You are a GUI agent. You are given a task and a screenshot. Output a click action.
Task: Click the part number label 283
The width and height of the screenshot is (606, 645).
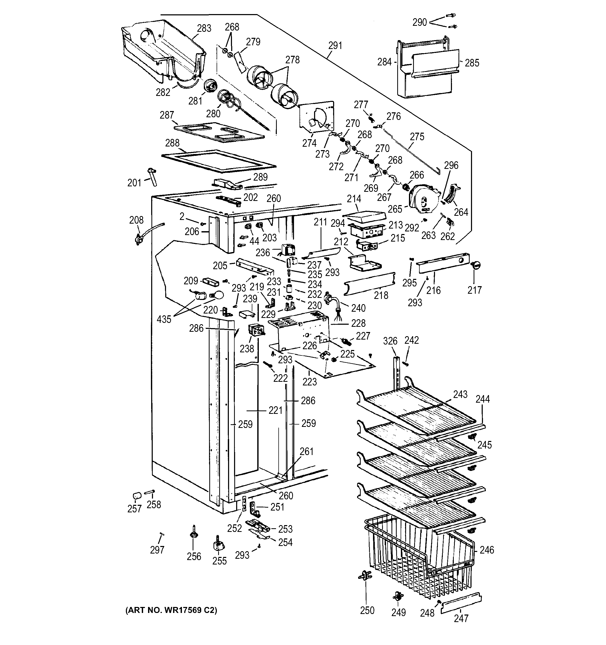click(204, 29)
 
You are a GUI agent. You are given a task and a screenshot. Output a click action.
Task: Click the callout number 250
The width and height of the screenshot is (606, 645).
click(367, 610)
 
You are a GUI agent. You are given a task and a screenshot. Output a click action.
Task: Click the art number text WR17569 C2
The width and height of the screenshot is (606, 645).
click(171, 610)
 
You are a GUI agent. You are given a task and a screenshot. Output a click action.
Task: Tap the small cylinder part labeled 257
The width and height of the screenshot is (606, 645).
click(137, 496)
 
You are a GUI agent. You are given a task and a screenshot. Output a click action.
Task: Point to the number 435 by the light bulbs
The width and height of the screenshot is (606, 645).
click(164, 319)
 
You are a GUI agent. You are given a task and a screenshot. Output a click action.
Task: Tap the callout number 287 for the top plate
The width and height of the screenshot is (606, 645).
click(167, 115)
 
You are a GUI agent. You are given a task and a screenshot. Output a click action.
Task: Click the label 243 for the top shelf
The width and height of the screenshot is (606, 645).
click(460, 394)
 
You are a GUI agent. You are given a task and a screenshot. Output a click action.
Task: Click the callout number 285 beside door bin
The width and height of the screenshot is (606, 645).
click(472, 63)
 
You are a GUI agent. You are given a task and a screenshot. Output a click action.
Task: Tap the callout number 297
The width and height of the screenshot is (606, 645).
click(157, 550)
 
